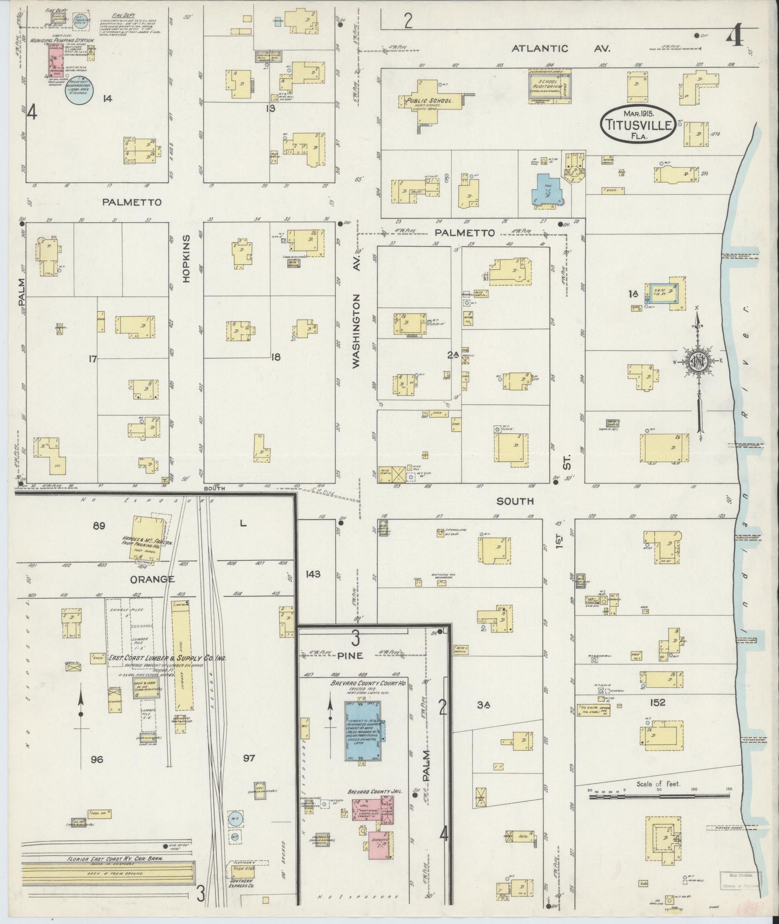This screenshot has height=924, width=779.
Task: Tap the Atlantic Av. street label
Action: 561,48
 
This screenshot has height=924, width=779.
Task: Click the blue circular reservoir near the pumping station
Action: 79,90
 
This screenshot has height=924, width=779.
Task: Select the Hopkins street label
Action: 187,256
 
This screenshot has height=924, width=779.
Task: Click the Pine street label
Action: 354,656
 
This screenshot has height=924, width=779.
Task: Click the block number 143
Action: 313,574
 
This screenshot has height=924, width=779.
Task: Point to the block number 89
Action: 99,526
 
